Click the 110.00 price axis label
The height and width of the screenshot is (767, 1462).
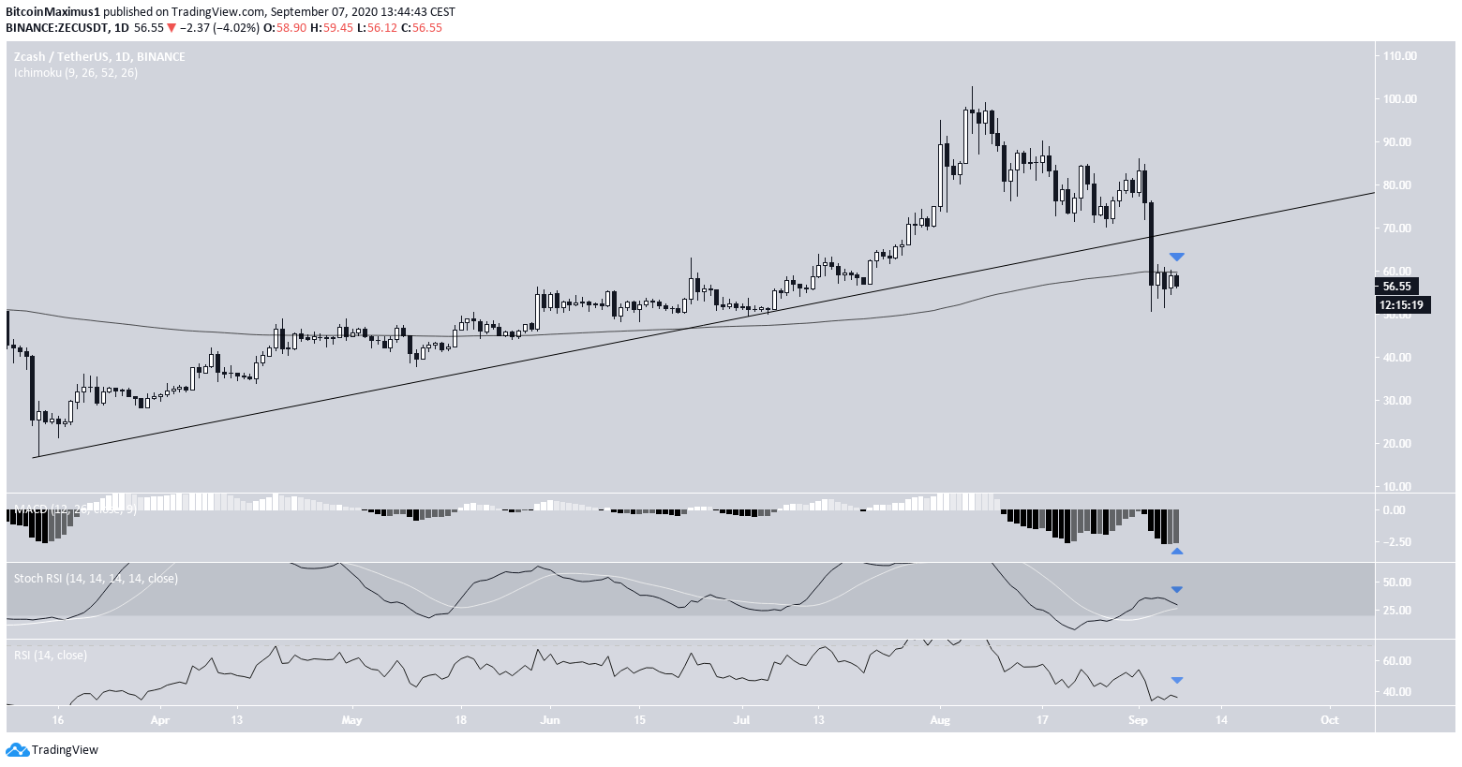1399,56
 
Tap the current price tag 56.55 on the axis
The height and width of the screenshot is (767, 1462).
1396,287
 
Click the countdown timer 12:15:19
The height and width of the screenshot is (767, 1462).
1402,304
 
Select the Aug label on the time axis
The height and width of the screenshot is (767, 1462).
940,720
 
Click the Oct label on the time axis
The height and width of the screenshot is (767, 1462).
1329,720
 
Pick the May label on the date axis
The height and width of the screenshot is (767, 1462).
351,720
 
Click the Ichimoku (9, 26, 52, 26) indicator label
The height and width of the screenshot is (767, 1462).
76,72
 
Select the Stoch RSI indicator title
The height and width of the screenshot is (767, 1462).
96,579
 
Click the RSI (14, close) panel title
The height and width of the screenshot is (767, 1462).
51,655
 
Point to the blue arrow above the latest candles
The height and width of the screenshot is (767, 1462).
1176,257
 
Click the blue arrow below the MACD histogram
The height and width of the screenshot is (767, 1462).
1176,552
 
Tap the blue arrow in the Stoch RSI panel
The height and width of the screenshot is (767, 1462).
1176,589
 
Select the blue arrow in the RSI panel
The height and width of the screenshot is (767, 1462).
1176,680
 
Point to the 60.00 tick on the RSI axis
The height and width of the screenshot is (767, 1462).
1396,661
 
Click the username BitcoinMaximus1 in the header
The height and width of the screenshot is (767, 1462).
50,11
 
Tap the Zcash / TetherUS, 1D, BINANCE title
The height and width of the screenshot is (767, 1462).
99,57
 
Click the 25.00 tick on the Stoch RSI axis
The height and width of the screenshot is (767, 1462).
1396,611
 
